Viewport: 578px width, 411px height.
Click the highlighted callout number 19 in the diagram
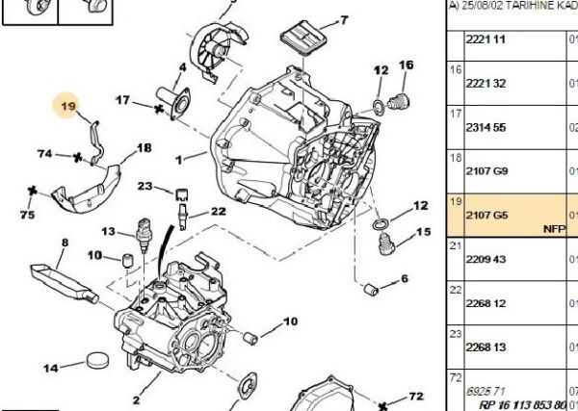pos(68,105)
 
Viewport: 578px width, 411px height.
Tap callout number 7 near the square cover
pos(342,19)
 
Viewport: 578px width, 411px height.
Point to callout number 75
pos(29,214)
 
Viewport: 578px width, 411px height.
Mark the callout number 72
pos(415,396)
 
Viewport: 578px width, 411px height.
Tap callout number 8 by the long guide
pos(66,244)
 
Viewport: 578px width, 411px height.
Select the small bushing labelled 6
pos(368,288)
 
